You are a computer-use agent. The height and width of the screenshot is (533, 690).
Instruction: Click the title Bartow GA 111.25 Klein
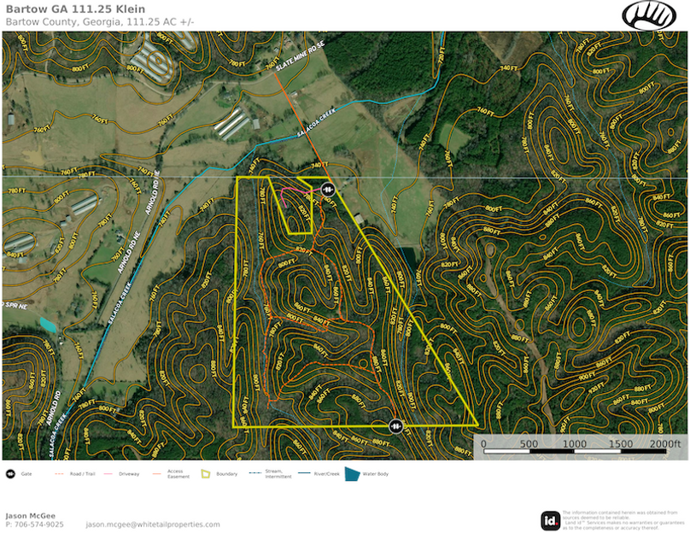75,9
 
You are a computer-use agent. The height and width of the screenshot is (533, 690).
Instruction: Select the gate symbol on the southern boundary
396,425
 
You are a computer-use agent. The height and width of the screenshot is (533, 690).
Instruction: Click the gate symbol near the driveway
326,189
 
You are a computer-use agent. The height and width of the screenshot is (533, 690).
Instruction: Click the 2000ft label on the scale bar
665,444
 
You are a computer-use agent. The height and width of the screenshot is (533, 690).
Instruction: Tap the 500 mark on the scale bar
529,444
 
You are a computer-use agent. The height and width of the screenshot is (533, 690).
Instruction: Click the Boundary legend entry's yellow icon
205,473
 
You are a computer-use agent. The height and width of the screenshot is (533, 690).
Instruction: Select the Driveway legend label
128,473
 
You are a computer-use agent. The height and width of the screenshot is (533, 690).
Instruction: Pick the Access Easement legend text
175,473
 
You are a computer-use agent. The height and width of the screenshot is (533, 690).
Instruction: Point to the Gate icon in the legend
9,473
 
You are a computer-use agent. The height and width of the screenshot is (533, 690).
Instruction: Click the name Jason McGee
30,516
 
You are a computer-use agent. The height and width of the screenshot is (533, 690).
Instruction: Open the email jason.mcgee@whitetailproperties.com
153,524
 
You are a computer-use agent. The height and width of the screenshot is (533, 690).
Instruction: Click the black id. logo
551,520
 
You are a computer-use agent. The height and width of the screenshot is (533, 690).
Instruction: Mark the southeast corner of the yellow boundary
477,425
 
